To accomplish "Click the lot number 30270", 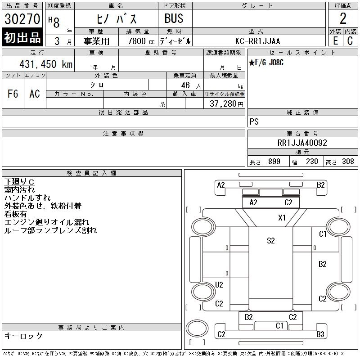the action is [22, 19].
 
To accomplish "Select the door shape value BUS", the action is [174, 18].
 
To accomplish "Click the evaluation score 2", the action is [343, 18].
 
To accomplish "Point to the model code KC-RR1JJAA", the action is [258, 41].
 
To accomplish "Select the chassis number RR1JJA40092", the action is [302, 143].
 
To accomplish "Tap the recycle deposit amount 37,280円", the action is [227, 104].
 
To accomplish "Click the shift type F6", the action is [13, 94].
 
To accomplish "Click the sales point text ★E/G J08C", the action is [267, 63].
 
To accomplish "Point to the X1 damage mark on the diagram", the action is [282, 218].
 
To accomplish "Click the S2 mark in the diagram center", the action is [270, 241].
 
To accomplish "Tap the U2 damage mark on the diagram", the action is [219, 284].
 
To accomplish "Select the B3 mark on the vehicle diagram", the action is [320, 334].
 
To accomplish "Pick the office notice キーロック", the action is [23, 336].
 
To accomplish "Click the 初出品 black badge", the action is [22, 38].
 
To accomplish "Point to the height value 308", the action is [348, 162].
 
